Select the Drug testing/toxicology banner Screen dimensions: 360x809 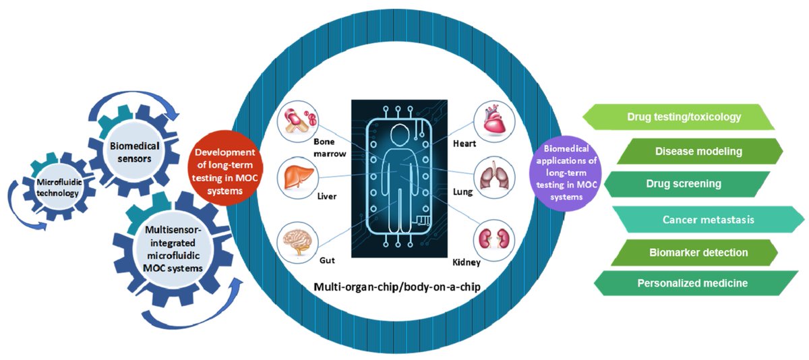point(684,117)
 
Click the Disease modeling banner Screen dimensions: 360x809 point(698,152)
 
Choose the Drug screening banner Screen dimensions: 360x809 point(684,183)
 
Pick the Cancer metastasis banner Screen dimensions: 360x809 point(707,219)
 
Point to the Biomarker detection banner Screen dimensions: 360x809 point(698,253)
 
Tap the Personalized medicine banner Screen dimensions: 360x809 point(692,283)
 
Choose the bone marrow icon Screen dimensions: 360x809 point(297,120)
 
